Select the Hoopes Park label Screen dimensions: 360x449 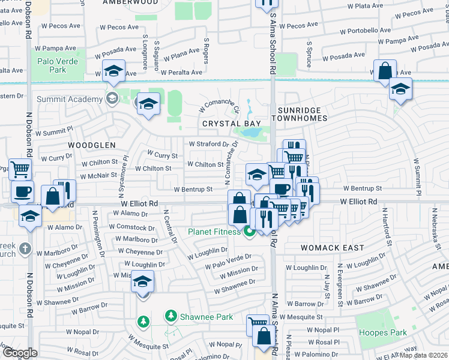point(382,332)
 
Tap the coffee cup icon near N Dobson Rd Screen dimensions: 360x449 point(23,192)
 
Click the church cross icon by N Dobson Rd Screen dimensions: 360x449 point(25,248)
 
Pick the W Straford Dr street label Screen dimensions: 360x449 point(209,144)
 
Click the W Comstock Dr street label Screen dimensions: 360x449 point(131,228)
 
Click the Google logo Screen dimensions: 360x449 point(20,353)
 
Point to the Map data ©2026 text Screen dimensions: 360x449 point(423,355)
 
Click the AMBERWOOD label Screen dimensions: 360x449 point(130,2)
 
